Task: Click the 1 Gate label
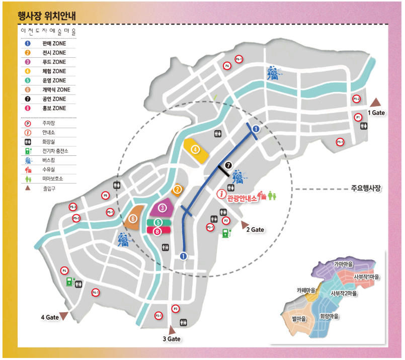376,113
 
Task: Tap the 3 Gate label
171,339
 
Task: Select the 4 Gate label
50,317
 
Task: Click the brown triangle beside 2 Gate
245,224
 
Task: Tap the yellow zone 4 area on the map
195,150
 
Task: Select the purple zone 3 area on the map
163,208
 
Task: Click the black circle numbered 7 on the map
229,165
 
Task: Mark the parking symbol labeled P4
64,271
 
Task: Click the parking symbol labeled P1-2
356,99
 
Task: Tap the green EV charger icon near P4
69,282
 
